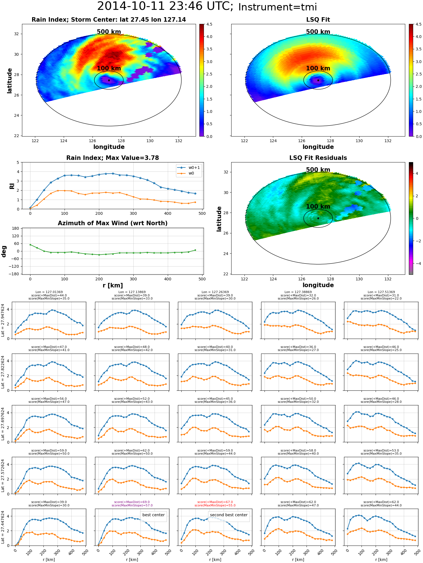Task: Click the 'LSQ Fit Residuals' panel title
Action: [318, 158]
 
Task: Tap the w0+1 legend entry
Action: [189, 167]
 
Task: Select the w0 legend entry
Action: [186, 173]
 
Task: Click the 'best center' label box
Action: [153, 515]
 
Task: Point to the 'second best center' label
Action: [229, 515]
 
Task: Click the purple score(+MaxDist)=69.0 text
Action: [132, 502]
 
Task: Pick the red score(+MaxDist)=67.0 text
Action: [215, 502]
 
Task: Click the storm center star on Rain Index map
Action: [109, 80]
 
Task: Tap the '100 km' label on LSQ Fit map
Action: [318, 68]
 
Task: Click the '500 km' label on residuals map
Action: [318, 170]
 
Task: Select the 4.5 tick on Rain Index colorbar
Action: [209, 24]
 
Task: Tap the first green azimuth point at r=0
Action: [30, 245]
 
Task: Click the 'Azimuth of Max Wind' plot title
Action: [113, 223]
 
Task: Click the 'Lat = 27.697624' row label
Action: [3, 424]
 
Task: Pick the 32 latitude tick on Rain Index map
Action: [17, 34]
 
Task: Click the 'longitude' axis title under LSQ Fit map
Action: [318, 147]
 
